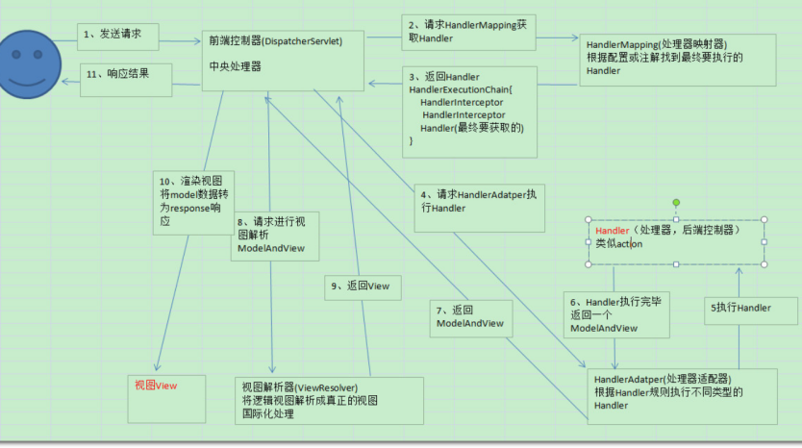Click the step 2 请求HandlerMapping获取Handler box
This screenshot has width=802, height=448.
pos(467,31)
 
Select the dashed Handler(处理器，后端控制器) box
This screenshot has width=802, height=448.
pos(675,240)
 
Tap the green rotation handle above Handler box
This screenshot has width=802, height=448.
pos(676,203)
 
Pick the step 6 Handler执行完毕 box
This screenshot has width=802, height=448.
pos(616,314)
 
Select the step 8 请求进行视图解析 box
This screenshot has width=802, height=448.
pos(276,236)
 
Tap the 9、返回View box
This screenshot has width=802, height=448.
pos(363,286)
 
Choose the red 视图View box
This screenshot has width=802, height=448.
pos(165,393)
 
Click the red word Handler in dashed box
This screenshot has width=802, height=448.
pos(612,232)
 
